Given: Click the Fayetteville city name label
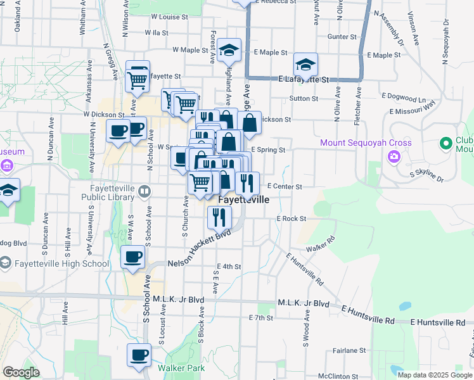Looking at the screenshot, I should (x=243, y=199).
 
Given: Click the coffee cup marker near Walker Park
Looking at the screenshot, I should (x=139, y=355).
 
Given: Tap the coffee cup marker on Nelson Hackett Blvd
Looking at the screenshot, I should (x=132, y=257).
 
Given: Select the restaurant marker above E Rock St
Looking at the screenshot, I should (x=218, y=218).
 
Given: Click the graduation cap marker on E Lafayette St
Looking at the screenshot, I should (x=305, y=65).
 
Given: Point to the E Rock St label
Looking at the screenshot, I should (x=291, y=218).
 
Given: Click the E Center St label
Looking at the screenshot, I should (x=284, y=187).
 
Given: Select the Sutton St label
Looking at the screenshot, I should (x=304, y=99).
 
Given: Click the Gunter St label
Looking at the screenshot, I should (x=343, y=37).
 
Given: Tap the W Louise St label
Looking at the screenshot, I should (x=166, y=17).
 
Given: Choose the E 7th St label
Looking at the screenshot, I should (x=260, y=317).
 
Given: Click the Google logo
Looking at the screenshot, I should (x=21, y=372).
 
